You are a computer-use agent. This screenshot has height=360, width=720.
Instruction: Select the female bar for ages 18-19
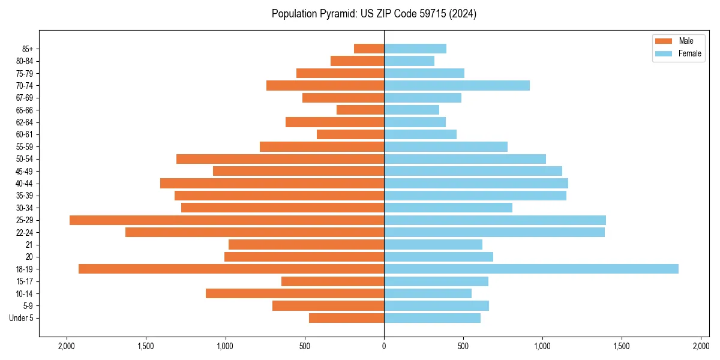click(531, 269)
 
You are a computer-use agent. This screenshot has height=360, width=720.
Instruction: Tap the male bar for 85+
click(369, 49)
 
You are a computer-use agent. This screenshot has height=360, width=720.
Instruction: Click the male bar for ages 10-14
click(295, 293)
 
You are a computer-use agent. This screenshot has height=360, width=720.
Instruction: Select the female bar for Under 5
click(432, 318)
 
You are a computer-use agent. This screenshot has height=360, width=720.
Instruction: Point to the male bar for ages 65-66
click(360, 110)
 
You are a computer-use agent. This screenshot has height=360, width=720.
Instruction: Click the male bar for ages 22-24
click(254, 232)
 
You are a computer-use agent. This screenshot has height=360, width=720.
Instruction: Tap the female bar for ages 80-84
click(409, 61)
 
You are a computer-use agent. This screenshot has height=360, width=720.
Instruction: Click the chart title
click(374, 14)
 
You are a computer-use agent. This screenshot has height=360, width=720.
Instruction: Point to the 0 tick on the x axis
click(384, 346)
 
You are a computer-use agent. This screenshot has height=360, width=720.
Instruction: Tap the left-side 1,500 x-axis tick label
click(146, 346)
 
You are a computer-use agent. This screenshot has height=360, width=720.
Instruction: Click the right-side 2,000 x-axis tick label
click(701, 346)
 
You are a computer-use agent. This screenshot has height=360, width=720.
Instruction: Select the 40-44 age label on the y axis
click(24, 184)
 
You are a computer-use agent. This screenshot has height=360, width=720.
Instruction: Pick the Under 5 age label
click(22, 318)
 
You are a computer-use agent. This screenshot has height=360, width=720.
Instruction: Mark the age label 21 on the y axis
click(29, 245)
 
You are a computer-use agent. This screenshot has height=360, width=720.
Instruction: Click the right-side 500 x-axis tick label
click(463, 346)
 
